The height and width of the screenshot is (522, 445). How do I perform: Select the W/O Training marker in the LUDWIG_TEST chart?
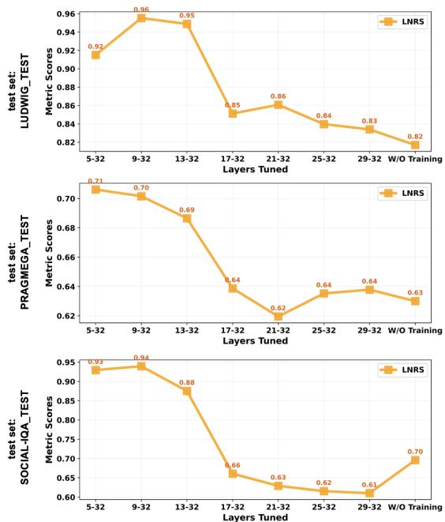tap(415, 145)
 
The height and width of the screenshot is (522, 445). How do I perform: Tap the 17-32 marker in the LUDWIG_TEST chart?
tap(233, 113)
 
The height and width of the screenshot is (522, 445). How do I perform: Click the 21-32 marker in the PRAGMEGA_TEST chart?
tap(279, 317)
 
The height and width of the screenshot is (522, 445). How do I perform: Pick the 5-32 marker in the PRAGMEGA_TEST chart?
tap(95, 190)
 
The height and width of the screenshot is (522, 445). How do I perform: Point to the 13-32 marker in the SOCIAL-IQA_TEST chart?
tap(187, 390)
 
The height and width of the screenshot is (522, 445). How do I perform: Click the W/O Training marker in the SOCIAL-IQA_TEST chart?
tap(415, 460)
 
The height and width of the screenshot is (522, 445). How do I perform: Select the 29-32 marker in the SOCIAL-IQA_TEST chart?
tap(369, 493)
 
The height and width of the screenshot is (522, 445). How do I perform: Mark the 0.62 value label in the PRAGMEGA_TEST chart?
tap(279, 307)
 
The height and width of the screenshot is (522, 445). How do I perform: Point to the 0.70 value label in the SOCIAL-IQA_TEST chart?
tap(415, 450)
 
